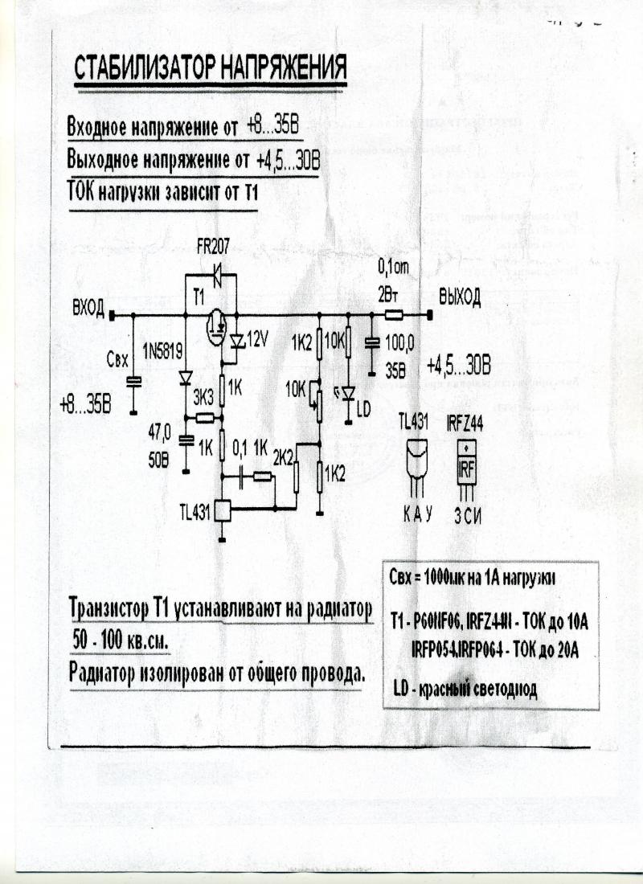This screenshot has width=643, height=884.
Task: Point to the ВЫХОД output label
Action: click(459, 299)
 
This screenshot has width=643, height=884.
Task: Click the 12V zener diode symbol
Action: click(235, 341)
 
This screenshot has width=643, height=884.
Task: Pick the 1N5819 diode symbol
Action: click(185, 376)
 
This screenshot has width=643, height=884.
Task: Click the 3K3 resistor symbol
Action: click(205, 417)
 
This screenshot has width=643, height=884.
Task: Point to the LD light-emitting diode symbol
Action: click(347, 393)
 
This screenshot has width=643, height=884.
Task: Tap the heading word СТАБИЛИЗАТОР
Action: click(141, 70)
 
